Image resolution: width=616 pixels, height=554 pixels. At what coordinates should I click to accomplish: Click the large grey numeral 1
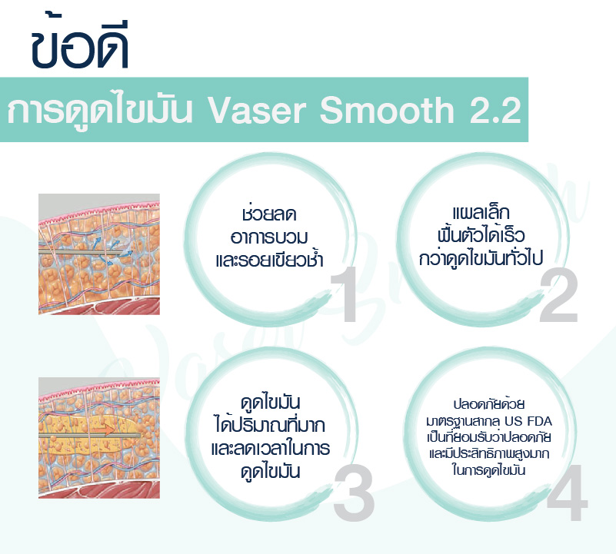(344, 294)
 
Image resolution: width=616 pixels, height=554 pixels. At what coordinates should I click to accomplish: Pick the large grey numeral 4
(567, 493)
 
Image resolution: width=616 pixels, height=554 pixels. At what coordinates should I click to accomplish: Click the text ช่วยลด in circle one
(269, 214)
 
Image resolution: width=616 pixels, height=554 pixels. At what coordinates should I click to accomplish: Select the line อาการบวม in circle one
(269, 237)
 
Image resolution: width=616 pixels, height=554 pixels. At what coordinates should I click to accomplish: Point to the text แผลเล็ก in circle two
(481, 212)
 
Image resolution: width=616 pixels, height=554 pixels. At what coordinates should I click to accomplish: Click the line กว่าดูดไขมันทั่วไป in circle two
(481, 258)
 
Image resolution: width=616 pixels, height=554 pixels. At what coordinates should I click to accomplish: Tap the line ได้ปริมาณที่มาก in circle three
(270, 425)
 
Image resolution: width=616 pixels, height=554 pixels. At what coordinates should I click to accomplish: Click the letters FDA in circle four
(540, 421)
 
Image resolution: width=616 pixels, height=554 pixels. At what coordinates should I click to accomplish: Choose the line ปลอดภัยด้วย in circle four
(488, 403)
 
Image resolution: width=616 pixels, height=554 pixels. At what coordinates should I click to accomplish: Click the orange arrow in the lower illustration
(104, 431)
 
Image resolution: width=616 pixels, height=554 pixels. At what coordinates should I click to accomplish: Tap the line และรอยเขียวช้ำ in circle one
(269, 259)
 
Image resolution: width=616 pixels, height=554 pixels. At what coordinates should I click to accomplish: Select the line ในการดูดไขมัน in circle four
(488, 470)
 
